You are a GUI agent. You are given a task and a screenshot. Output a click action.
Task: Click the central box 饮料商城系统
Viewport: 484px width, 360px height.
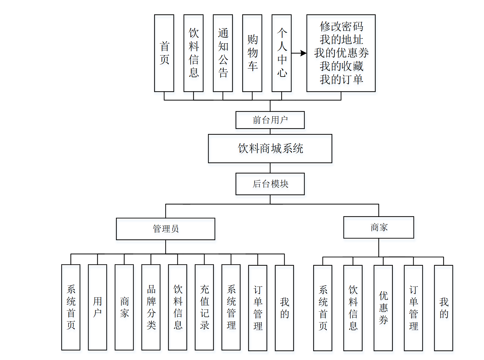click(x=270, y=149)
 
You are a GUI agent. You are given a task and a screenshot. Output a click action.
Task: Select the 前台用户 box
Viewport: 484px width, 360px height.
click(x=270, y=120)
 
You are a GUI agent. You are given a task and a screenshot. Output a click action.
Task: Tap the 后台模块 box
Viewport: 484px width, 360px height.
click(x=270, y=184)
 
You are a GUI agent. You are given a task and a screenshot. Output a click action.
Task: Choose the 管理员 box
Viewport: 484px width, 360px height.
click(x=165, y=229)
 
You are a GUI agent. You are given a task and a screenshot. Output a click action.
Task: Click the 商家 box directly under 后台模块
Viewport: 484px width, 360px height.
click(x=378, y=227)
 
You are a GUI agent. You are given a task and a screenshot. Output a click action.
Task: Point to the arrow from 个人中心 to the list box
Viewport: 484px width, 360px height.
click(x=299, y=53)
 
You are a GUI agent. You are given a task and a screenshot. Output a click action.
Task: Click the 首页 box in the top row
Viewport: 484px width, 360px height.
click(x=164, y=53)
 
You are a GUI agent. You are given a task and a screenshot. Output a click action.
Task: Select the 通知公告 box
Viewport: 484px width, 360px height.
click(x=223, y=53)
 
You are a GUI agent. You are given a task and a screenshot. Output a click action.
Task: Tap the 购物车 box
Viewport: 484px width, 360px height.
click(x=252, y=53)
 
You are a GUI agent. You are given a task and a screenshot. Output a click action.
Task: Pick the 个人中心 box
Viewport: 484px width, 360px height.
click(x=281, y=53)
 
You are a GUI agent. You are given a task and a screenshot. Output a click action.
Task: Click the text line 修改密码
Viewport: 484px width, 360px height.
click(x=341, y=27)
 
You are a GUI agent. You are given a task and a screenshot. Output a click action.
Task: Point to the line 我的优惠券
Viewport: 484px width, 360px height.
click(x=341, y=53)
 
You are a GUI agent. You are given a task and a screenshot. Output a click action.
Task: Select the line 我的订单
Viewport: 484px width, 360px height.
click(x=341, y=79)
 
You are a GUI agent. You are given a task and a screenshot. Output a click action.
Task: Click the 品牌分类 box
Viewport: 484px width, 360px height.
click(x=151, y=307)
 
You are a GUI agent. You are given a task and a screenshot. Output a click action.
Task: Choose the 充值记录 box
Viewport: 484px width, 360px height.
click(x=204, y=307)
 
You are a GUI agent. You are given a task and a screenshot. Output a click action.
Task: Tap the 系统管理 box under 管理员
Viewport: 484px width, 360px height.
click(x=231, y=307)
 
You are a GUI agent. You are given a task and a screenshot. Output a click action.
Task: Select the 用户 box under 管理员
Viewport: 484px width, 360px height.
click(x=97, y=307)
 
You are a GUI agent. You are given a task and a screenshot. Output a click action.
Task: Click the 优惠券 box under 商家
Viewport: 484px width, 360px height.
click(x=383, y=308)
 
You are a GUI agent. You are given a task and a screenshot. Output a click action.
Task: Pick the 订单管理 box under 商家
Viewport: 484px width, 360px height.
click(x=413, y=308)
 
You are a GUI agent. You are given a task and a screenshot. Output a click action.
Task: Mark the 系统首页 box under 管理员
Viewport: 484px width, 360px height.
click(x=71, y=307)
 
